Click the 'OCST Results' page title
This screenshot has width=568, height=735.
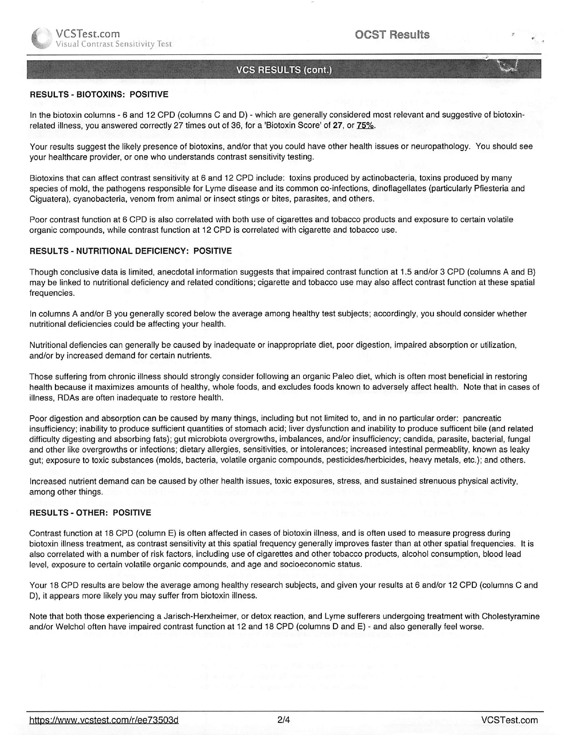click(392, 35)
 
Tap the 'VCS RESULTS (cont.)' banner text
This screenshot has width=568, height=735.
click(284, 71)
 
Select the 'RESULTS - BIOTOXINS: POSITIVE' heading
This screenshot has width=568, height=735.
click(99, 95)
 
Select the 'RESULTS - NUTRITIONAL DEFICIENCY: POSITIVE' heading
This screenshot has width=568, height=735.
click(130, 251)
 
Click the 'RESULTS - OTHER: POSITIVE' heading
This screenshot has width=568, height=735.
click(90, 513)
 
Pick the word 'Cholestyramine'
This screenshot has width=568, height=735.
click(511, 617)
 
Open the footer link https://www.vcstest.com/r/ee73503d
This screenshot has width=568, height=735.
click(104, 720)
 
